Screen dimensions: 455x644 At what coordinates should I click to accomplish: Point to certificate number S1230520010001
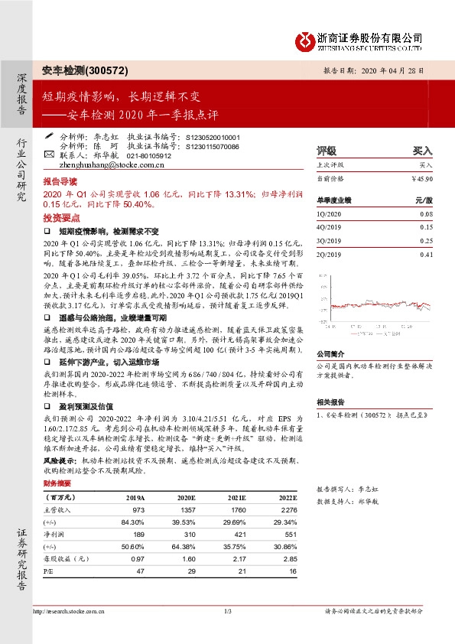click(x=213, y=137)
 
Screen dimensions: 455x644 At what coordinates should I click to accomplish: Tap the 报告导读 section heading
click(x=60, y=184)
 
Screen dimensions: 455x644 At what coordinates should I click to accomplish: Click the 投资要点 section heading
click(x=60, y=217)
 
